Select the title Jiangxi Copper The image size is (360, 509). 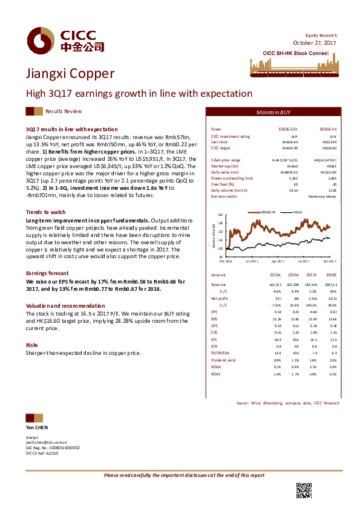(x=70, y=74)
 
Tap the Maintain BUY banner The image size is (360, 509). (x=273, y=112)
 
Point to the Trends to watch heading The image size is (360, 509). (x=45, y=212)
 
